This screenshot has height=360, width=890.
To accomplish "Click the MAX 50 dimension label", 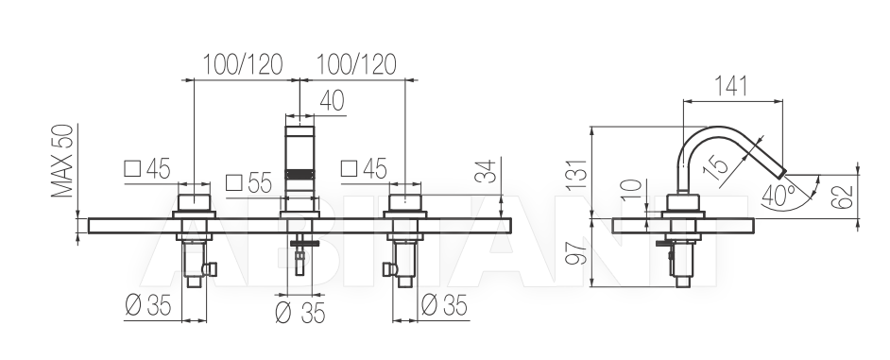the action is [x=62, y=161].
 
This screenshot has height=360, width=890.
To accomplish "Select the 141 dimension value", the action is [x=730, y=86].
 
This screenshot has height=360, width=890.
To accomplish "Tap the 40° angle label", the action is [x=779, y=195].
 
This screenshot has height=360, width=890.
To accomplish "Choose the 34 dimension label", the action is [x=486, y=171].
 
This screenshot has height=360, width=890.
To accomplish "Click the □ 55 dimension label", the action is [x=249, y=183].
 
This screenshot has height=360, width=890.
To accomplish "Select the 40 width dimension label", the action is [x=332, y=101].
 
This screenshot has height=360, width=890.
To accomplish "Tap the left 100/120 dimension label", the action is [x=243, y=65].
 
